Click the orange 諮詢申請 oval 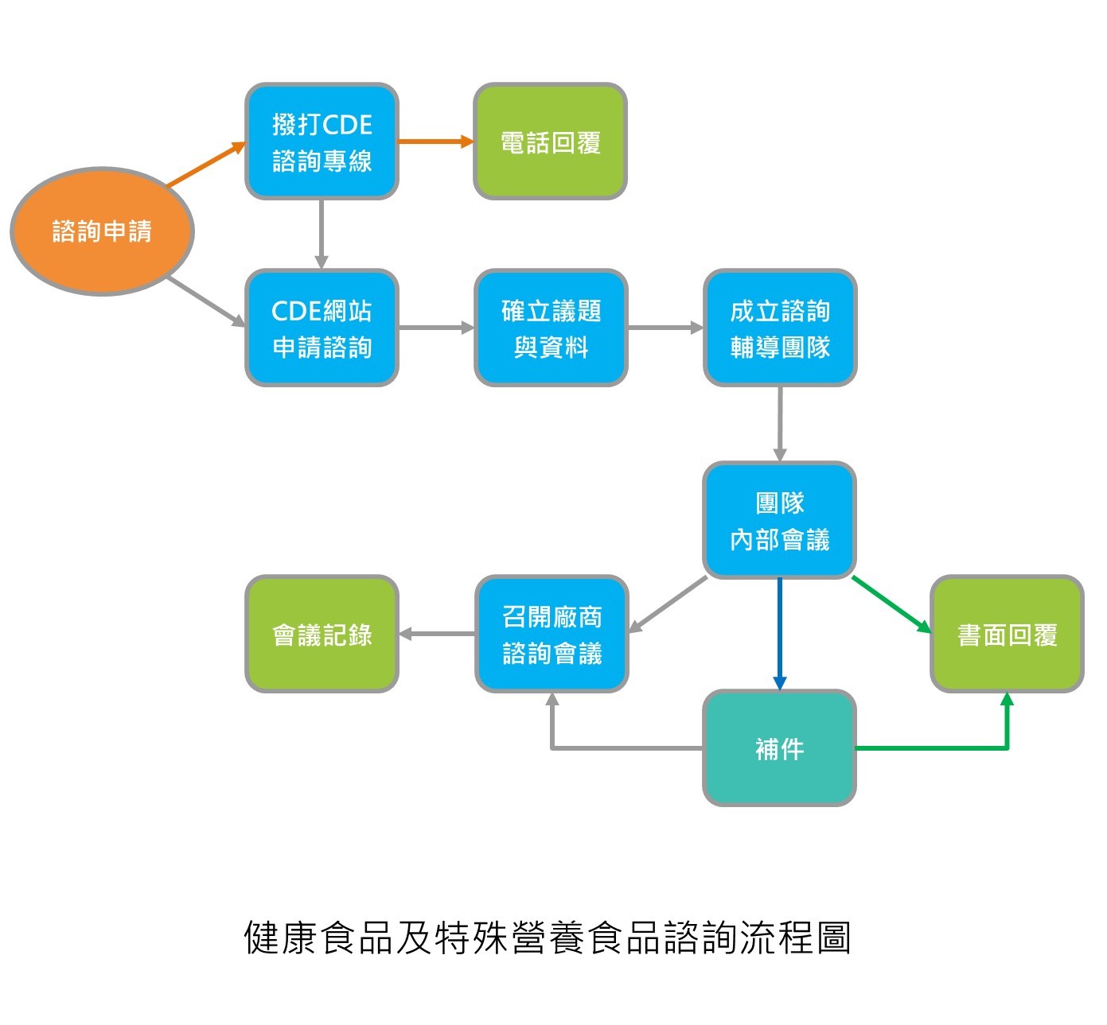pyautogui.click(x=102, y=231)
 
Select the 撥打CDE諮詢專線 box pyautogui.click(x=322, y=142)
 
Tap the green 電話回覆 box pyautogui.click(x=550, y=142)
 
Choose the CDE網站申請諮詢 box pyautogui.click(x=322, y=328)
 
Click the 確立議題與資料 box pyautogui.click(x=551, y=328)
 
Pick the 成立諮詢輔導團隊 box pyautogui.click(x=780, y=328)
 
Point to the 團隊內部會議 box pyautogui.click(x=780, y=520)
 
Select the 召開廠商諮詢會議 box pyautogui.click(x=552, y=635)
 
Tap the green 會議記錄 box pyautogui.click(x=322, y=635)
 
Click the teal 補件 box pyautogui.click(x=780, y=748)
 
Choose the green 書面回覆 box pyautogui.click(x=1007, y=635)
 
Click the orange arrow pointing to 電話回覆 pyautogui.click(x=435, y=142)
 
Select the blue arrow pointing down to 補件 pyautogui.click(x=780, y=633)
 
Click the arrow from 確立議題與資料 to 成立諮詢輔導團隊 pyautogui.click(x=665, y=328)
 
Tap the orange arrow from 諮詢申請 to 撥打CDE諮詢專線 pyautogui.click(x=206, y=165)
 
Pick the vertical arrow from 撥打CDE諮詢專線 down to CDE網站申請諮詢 pyautogui.click(x=322, y=234)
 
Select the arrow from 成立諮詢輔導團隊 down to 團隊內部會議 pyautogui.click(x=780, y=423)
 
